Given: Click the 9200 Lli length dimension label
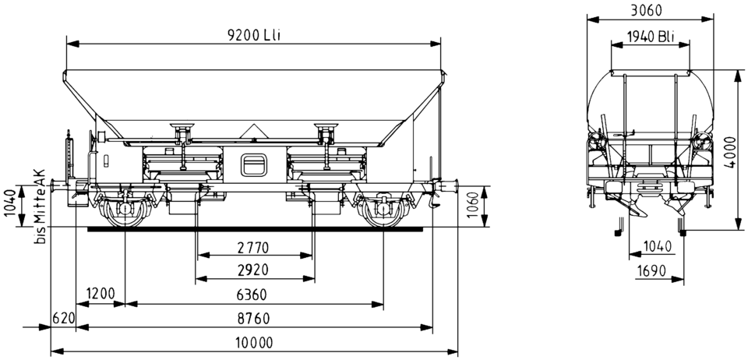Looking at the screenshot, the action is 252,36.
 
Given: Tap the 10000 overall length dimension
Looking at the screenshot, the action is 254,342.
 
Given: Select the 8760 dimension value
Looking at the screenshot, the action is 254,318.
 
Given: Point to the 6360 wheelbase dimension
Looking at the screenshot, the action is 251,295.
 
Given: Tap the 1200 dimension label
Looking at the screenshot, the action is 101,293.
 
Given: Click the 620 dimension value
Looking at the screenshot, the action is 63,318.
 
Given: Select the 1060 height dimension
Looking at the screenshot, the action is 472,206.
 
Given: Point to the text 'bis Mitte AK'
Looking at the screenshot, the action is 40,206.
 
